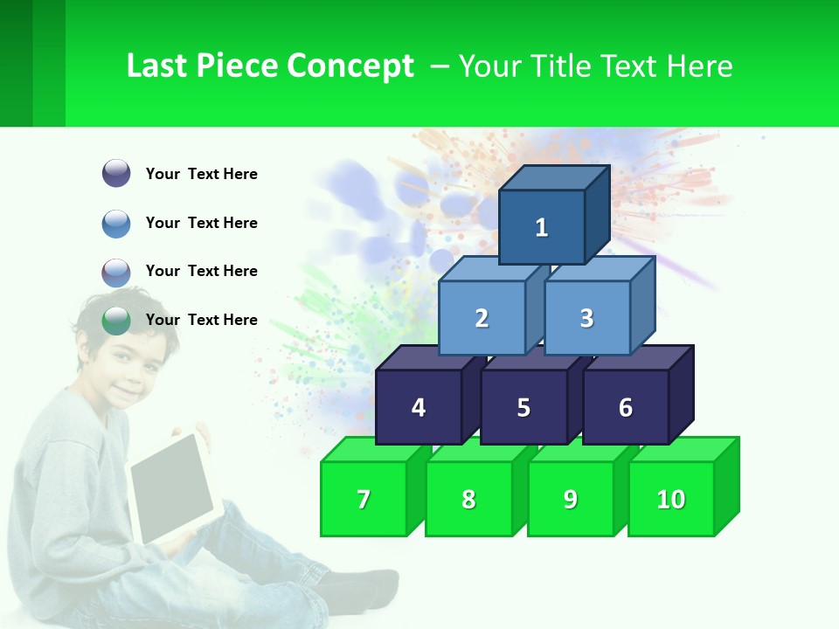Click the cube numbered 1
(x=542, y=227)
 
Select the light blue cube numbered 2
(x=482, y=318)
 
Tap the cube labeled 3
(x=586, y=318)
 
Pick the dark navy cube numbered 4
(x=419, y=407)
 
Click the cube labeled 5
(x=524, y=407)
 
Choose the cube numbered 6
(x=626, y=407)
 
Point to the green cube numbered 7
(x=364, y=499)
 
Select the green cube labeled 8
(x=468, y=499)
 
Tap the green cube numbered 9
(x=571, y=499)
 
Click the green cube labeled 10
(x=671, y=499)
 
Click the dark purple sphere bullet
(x=116, y=174)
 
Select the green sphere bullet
(x=116, y=320)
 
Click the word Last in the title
(x=158, y=66)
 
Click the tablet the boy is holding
(x=172, y=487)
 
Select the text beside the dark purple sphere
(x=202, y=174)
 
